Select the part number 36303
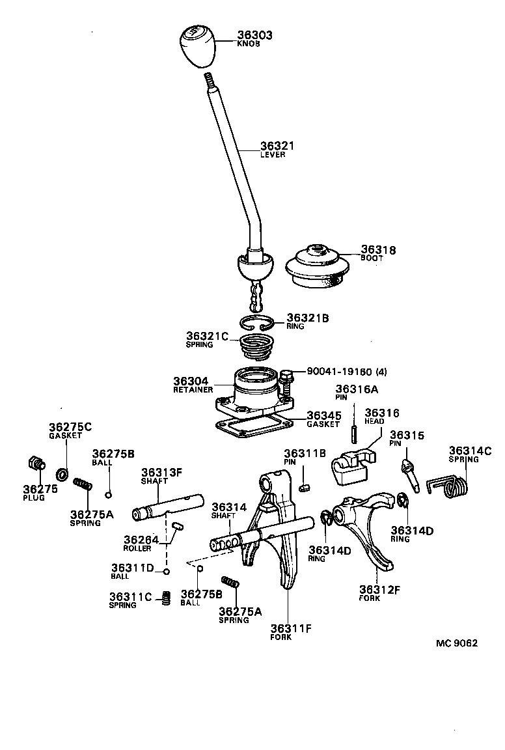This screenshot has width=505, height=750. click(254, 35)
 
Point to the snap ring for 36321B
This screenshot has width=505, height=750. click(258, 322)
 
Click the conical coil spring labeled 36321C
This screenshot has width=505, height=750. click(258, 347)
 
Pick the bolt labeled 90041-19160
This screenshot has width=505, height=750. click(287, 387)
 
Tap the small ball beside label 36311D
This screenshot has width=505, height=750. click(166, 572)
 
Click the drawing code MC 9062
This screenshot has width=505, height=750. click(456, 643)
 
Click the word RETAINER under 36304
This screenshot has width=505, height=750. click(193, 390)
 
